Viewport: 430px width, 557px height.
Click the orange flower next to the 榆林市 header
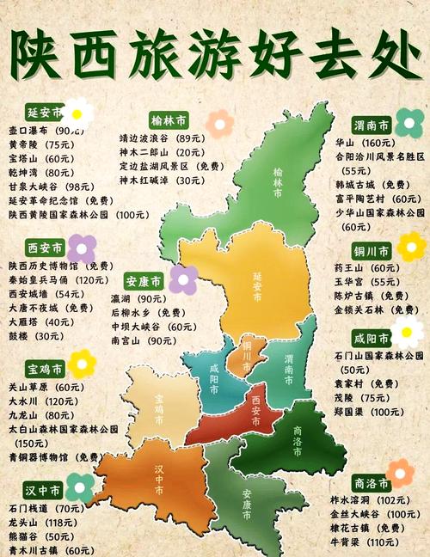(219, 122)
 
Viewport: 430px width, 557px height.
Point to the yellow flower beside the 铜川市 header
(410, 248)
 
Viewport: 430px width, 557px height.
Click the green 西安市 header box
(46, 248)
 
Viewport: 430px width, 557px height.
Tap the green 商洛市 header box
(371, 482)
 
